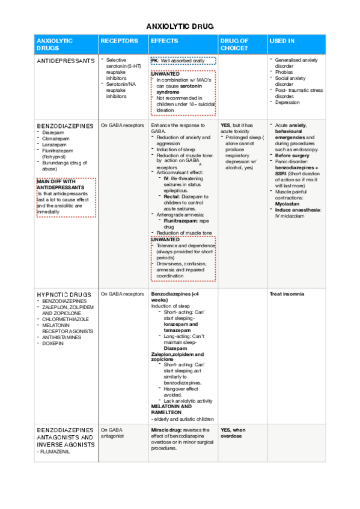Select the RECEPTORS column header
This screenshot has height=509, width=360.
coord(120,41)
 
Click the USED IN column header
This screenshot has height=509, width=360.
coord(282,41)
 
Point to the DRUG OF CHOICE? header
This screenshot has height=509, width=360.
coord(235,44)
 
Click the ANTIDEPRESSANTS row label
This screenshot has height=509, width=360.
coord(66,61)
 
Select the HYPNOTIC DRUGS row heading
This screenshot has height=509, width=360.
coord(64,295)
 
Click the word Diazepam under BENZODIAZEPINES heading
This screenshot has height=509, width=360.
coord(55,132)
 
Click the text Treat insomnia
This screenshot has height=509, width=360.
coord(287,294)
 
